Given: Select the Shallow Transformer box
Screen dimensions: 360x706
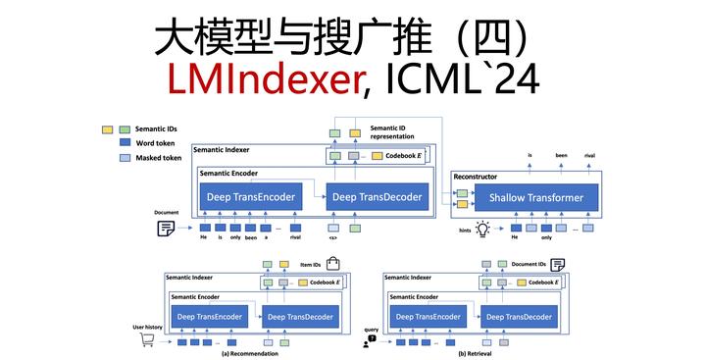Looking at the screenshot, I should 529,198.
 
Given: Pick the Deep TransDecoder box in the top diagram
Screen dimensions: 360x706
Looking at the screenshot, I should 377,197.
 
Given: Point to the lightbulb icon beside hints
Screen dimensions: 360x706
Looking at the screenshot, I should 481,229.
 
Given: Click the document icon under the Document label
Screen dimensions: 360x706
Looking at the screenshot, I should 167,229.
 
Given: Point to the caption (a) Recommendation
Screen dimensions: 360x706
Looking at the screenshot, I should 250,353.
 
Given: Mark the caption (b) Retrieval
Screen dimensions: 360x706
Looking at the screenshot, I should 476,353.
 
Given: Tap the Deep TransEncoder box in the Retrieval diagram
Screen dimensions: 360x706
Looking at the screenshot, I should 427,316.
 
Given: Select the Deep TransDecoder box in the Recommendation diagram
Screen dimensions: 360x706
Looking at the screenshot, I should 299,316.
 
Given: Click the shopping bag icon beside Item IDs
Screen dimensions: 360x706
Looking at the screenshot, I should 332,264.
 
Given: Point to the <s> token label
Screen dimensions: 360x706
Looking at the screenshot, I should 333,238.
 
